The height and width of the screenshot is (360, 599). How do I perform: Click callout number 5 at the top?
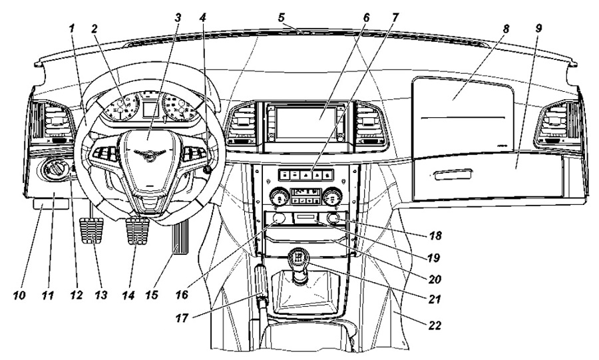(282, 17)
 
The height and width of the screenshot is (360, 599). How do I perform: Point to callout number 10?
(19, 295)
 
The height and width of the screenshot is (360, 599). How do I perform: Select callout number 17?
(182, 317)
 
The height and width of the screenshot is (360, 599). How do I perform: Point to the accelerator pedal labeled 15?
(181, 238)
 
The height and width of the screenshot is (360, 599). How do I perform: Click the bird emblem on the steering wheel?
(149, 154)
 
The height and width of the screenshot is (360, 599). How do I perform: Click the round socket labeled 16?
(278, 219)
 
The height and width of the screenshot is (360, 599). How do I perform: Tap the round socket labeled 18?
(334, 219)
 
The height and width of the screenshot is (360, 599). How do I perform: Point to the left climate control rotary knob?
(280, 198)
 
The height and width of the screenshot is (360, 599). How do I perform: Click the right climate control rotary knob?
(331, 198)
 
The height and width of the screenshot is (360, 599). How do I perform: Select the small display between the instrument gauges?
(150, 108)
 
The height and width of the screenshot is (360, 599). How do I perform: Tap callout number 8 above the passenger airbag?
(505, 29)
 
